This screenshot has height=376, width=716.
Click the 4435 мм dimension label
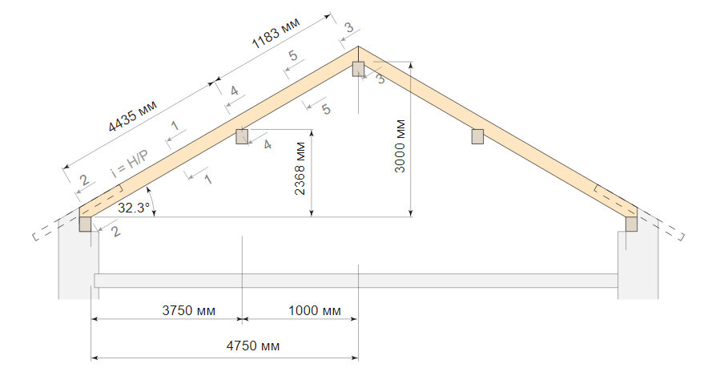132,116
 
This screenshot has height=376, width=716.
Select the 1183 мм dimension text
276,34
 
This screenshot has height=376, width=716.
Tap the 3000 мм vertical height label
400,146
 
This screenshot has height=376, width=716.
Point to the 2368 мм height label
300,169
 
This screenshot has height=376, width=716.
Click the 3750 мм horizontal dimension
188,311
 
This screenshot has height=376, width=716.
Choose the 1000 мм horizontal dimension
315,311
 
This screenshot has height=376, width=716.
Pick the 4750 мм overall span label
253,346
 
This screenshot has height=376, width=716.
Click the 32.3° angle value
133,208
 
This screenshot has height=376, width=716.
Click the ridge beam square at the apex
358,69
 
